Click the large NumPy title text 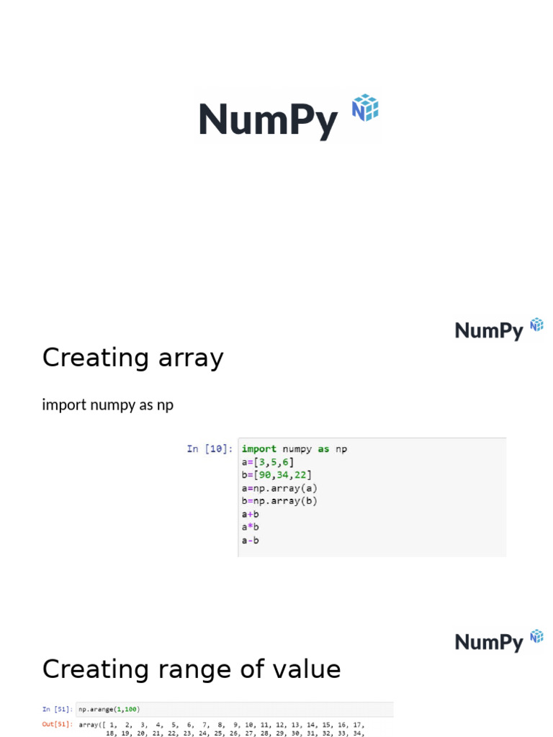(268, 119)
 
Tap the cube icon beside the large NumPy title (365, 107)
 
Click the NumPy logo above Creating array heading (498, 330)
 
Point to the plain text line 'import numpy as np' (108, 405)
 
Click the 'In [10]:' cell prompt (210, 449)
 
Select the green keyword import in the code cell (259, 449)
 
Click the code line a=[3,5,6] (268, 462)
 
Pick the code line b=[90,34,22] (276, 475)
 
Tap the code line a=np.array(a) (279, 488)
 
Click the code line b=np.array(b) (279, 501)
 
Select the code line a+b (251, 514)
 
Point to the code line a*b (251, 527)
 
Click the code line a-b (251, 540)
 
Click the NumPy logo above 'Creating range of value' (498, 641)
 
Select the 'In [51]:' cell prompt (57, 709)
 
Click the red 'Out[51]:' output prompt (57, 724)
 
